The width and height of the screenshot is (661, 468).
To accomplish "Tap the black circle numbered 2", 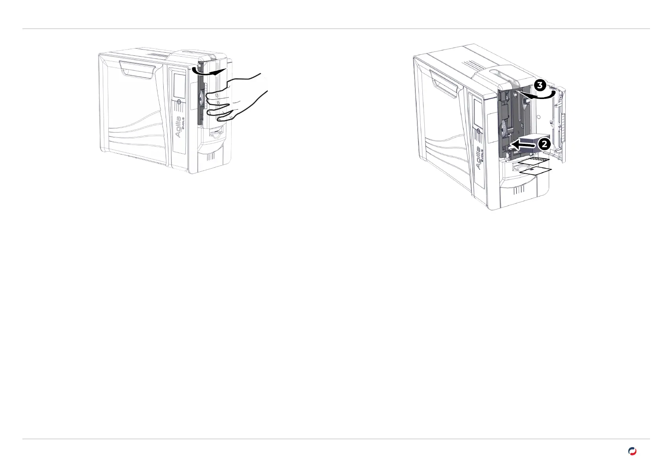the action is (544, 144).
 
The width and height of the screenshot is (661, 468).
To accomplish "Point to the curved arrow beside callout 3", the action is (538, 95).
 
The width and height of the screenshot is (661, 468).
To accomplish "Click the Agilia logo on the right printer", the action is (480, 157).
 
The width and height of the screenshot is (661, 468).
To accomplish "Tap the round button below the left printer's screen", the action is (179, 101).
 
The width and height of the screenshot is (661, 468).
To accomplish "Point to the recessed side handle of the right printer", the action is (445, 83).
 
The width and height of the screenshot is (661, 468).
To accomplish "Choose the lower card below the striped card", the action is (535, 171).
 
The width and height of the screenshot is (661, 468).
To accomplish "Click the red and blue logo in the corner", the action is (632, 451).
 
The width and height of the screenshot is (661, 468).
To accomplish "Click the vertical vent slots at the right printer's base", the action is (519, 190).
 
